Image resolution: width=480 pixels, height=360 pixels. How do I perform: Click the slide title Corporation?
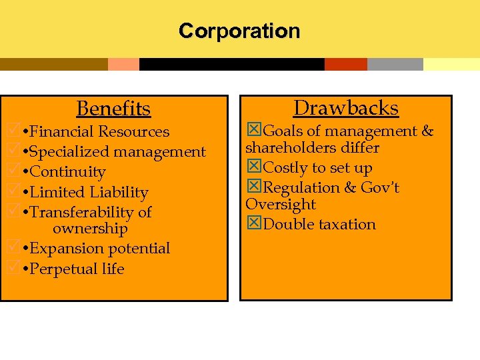coord(239,31)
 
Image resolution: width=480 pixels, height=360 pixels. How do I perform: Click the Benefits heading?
coord(113,108)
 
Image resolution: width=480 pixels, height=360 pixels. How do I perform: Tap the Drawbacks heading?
coord(346,108)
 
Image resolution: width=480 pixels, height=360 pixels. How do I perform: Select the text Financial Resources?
coord(100,132)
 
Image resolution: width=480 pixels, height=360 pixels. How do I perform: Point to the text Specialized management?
coord(118,152)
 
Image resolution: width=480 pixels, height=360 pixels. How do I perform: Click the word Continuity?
coord(68,172)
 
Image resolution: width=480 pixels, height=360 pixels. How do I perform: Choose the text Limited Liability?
coord(89,192)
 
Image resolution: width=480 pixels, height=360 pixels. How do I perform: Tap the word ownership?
coord(90,229)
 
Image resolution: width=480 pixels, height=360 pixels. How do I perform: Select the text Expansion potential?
coord(100,249)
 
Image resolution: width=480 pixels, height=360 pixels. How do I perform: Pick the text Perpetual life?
coord(77,269)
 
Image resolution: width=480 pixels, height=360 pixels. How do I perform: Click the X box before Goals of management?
coord(254,131)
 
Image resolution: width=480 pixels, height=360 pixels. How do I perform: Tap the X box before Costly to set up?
coord(254,168)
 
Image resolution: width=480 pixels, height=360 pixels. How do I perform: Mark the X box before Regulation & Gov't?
coord(254,188)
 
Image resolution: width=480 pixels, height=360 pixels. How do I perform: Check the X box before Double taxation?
coord(254,224)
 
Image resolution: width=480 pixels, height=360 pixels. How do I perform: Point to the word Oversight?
coord(281,205)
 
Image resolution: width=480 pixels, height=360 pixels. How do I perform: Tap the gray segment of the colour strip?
coord(395,64)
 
